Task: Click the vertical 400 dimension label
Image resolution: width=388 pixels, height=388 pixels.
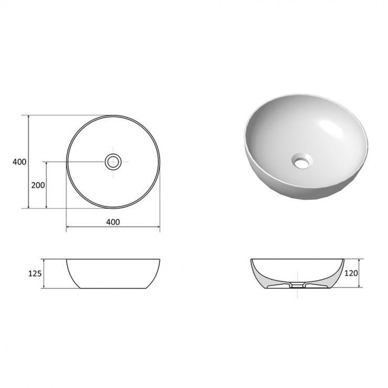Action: coord(19,162)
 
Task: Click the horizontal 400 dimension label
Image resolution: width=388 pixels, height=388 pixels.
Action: coord(113,222)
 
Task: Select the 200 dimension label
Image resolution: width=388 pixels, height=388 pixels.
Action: coord(38,185)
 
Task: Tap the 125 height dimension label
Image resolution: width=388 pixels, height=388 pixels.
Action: coord(35,274)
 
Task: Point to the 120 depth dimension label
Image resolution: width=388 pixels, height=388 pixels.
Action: coord(351,273)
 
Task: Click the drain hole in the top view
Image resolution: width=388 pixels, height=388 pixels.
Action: coord(113,162)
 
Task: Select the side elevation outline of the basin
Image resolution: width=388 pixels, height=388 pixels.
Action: coord(113,274)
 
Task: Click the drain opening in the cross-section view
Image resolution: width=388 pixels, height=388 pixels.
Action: coord(297,285)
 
